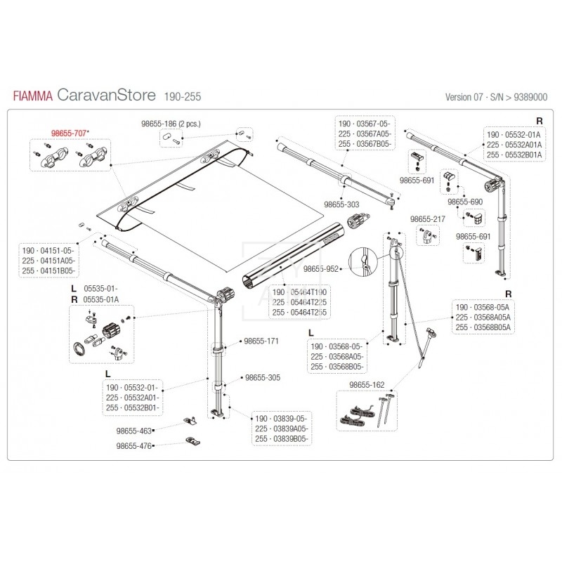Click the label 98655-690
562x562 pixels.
(466, 202)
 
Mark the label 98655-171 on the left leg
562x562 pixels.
(261, 341)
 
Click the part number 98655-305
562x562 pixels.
(261, 377)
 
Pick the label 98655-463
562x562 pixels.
(133, 429)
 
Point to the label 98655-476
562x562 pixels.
(133, 445)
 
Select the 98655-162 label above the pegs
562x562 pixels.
(367, 385)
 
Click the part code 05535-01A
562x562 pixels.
(101, 299)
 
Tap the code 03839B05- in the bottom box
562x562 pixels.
(289, 438)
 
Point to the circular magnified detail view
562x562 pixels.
(365, 261)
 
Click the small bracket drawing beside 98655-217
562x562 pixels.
(428, 237)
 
